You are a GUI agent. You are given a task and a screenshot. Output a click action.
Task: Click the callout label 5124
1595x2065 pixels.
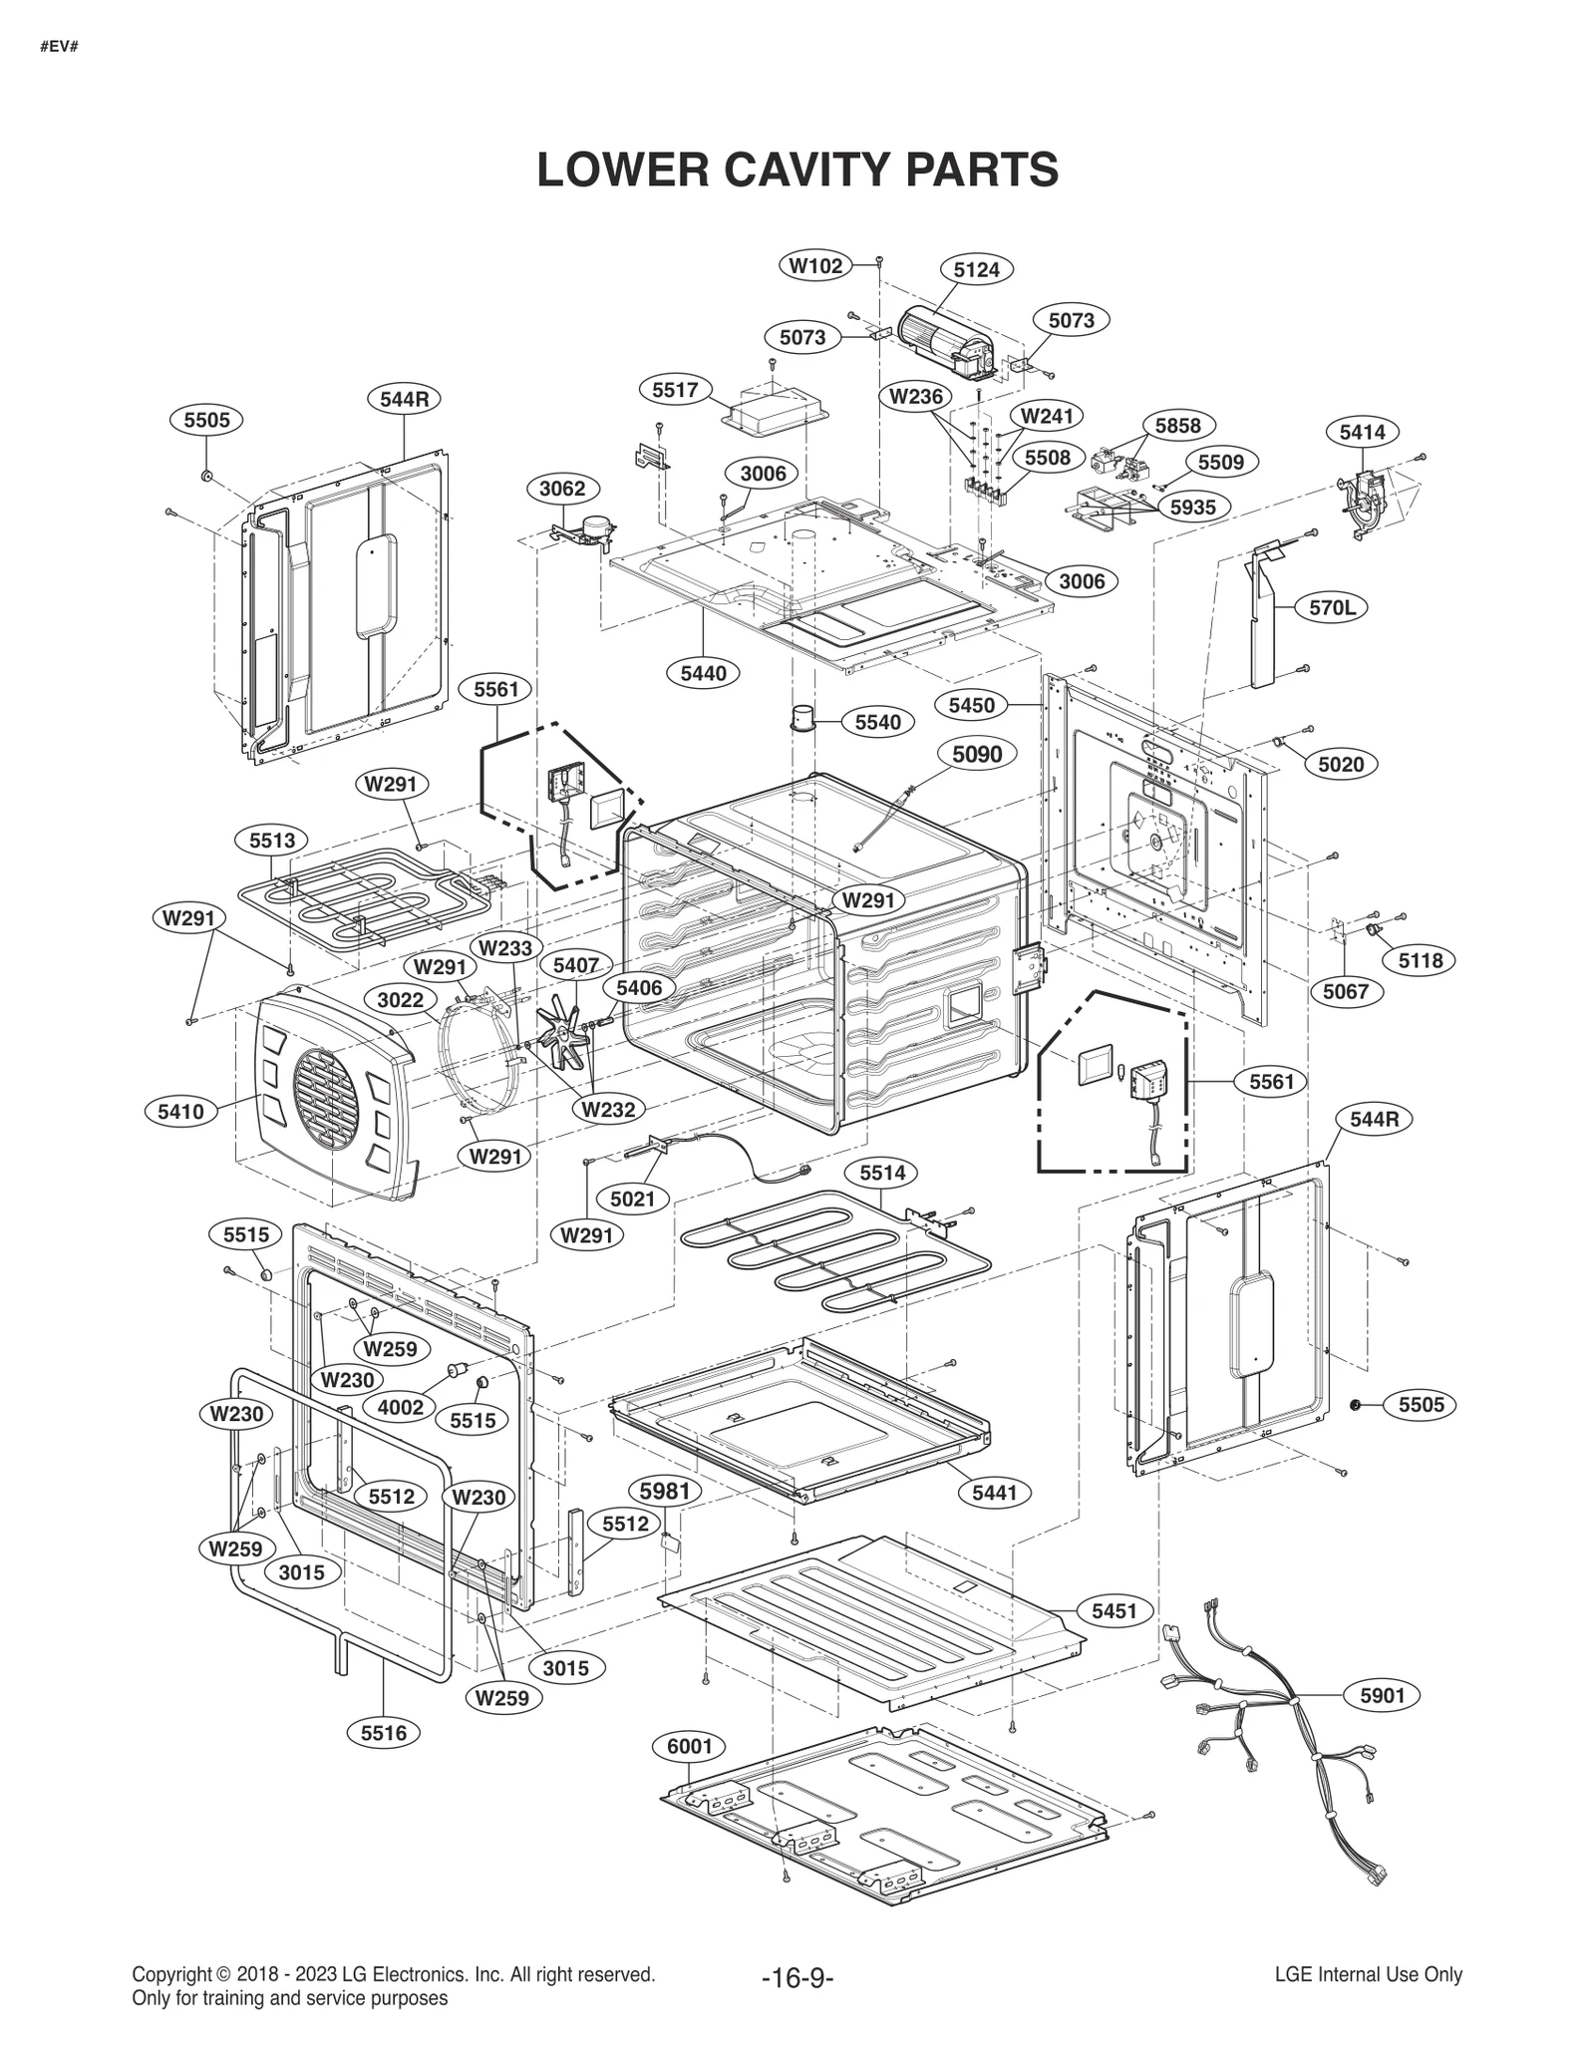976,269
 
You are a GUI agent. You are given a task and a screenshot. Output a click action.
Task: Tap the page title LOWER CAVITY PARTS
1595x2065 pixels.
797,170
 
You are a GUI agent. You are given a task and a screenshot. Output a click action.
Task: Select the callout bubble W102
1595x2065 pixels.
815,265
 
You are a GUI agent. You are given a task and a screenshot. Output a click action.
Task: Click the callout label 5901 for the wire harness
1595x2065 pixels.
1382,1695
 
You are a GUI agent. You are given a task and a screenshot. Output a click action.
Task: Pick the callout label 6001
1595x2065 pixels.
689,1746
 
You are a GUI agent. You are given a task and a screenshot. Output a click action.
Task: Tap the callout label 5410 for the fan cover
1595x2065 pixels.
180,1111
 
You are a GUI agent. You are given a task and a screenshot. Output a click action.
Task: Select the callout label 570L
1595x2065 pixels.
1332,606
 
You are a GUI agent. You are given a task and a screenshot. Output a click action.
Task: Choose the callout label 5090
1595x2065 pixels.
976,754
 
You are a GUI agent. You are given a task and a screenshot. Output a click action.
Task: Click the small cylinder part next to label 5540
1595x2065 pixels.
803,718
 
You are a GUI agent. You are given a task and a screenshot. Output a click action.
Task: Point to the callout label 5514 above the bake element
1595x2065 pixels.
882,1173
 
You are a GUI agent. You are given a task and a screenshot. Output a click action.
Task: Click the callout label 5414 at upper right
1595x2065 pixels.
1362,432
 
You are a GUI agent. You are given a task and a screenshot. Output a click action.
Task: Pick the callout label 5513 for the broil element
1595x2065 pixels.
272,841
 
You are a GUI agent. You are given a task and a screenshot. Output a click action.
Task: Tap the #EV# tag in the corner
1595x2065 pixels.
59,47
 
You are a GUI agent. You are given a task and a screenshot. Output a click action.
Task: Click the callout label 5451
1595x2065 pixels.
1114,1611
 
